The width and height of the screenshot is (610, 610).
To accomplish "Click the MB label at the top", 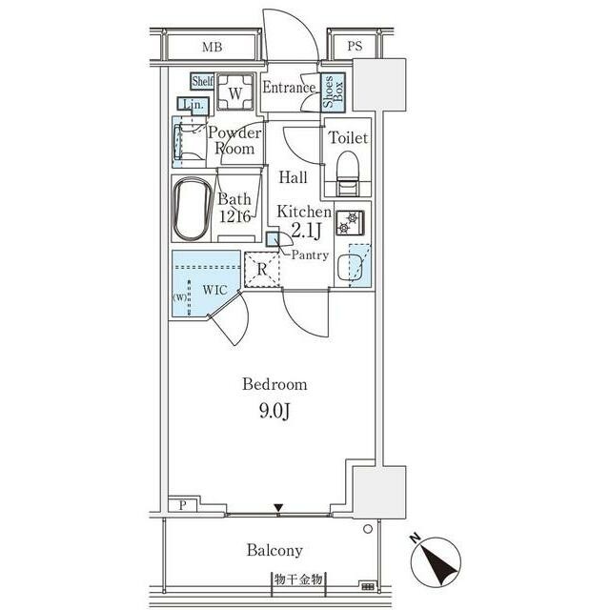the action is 212,47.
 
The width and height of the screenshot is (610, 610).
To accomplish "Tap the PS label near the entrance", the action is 355,46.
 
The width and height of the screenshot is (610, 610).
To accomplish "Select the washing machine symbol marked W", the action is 235,92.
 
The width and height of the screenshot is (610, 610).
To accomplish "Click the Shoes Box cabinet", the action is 334,92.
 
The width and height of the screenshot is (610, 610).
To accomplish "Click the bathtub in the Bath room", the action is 193,209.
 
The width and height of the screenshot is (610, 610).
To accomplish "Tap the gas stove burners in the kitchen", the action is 350,222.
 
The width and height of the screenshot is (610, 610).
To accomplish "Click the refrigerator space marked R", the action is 262,270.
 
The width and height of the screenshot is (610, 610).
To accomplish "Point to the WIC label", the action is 214,290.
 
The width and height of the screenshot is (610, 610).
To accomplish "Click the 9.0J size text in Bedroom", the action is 274,411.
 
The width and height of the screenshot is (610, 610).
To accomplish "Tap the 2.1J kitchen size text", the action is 306,231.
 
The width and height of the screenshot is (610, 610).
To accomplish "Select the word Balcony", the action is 274,551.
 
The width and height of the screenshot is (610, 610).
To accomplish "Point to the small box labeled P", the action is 183,505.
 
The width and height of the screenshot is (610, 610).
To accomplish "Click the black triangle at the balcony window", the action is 278,508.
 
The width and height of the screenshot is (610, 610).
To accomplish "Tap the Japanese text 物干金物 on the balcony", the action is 298,579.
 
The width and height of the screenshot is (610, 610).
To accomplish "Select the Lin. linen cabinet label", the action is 193,104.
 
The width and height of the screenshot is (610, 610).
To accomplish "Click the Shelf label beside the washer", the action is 202,81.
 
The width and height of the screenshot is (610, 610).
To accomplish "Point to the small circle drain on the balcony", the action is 368,529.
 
